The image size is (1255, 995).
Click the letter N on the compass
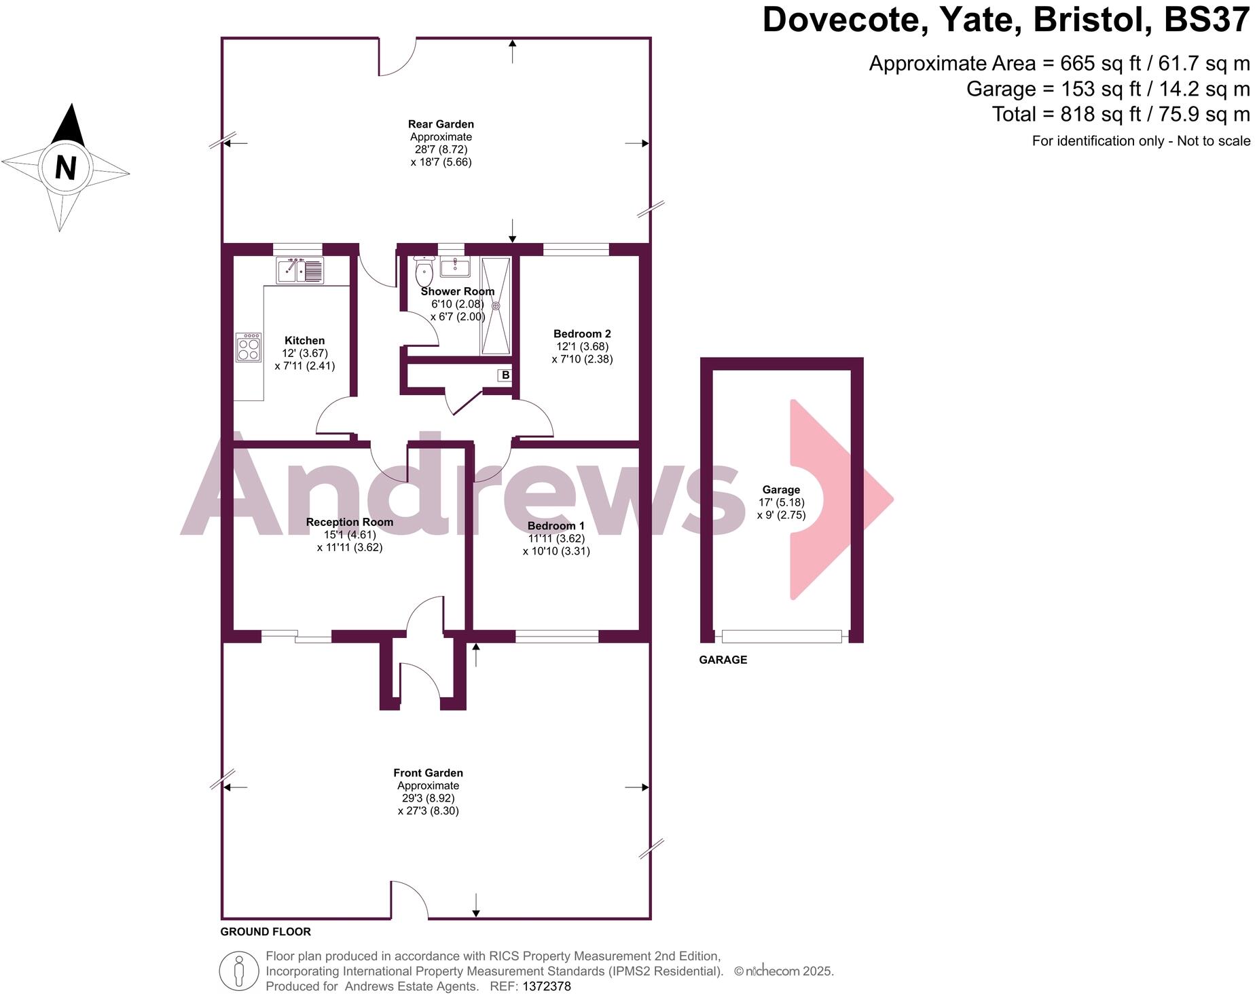click(65, 167)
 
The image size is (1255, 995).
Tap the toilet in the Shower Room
click(424, 274)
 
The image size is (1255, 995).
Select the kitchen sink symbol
click(299, 270)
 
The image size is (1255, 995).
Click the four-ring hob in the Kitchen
click(249, 348)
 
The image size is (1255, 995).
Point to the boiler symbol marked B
click(505, 375)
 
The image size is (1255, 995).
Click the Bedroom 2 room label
click(582, 334)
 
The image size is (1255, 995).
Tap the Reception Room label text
click(349, 522)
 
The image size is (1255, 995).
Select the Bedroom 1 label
click(556, 526)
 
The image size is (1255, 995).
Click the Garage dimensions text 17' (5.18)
click(781, 502)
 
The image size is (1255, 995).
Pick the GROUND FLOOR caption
click(266, 932)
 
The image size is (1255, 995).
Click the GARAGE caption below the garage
click(723, 660)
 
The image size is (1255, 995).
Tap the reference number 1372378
click(547, 986)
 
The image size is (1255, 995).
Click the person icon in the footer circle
click(238, 971)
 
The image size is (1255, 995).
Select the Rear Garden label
click(441, 124)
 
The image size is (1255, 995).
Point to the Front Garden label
click(428, 773)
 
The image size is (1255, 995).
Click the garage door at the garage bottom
click(782, 636)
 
